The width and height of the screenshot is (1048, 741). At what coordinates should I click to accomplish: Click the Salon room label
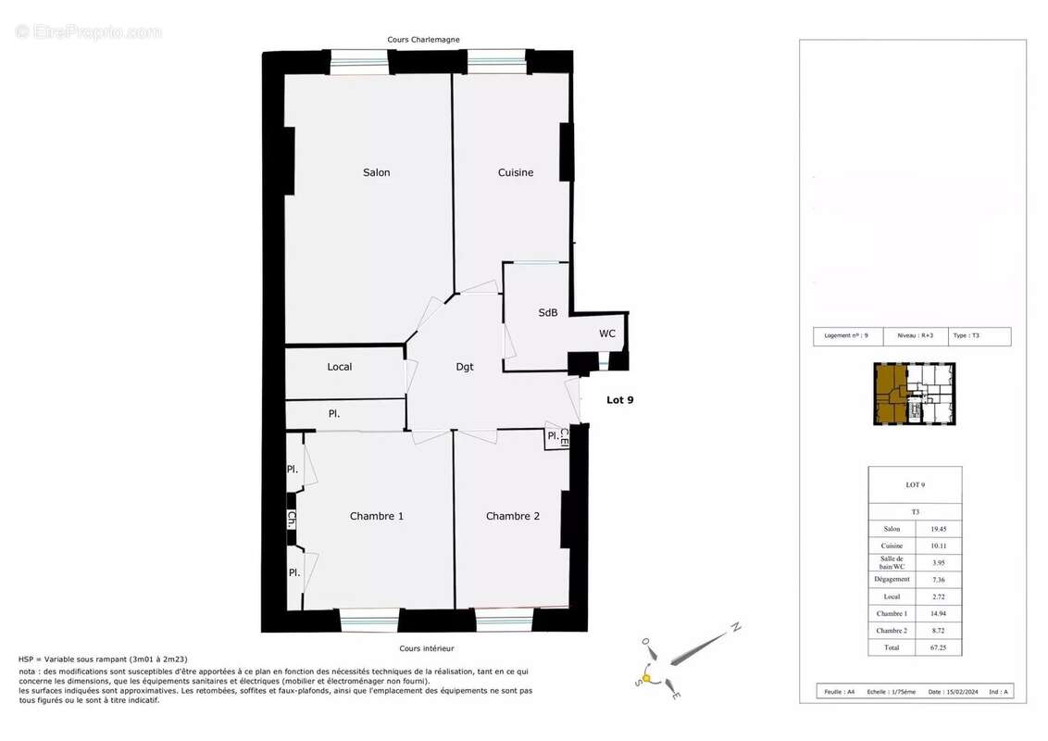pyautogui.click(x=376, y=172)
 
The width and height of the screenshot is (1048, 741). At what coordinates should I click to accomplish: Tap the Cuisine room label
pyautogui.click(x=515, y=172)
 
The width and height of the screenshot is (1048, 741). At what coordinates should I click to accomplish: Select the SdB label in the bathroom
pyautogui.click(x=547, y=313)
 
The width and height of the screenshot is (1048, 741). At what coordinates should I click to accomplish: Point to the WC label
pyautogui.click(x=606, y=333)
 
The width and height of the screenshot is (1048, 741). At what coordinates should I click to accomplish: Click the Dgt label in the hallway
pyautogui.click(x=465, y=367)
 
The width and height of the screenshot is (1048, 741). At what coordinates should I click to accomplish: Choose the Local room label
pyautogui.click(x=339, y=367)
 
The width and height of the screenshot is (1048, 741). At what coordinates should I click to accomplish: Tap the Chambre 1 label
pyautogui.click(x=376, y=516)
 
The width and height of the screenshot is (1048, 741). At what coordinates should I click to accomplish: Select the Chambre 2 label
pyautogui.click(x=512, y=516)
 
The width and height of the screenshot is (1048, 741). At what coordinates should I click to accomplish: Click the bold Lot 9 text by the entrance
pyautogui.click(x=619, y=400)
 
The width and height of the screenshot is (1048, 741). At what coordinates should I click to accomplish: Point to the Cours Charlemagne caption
pyautogui.click(x=423, y=40)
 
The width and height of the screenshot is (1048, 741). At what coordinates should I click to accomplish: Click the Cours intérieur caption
pyautogui.click(x=426, y=648)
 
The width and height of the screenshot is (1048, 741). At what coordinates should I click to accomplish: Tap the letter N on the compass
pyautogui.click(x=735, y=627)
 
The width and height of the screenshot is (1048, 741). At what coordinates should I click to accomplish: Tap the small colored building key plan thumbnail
pyautogui.click(x=915, y=394)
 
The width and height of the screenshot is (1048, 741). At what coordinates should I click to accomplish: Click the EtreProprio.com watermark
pyautogui.click(x=89, y=31)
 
